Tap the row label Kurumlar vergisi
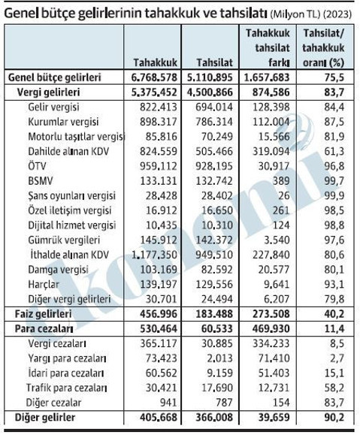point(62,122)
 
